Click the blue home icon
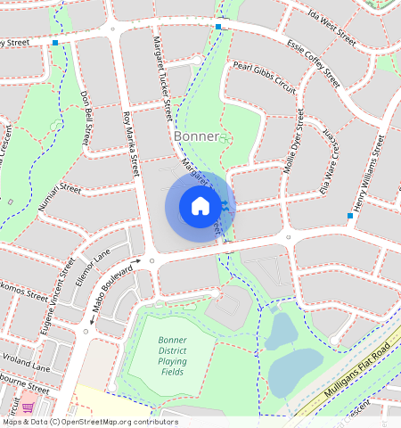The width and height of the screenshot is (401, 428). (x=200, y=206)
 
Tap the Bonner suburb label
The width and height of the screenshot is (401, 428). (x=197, y=136)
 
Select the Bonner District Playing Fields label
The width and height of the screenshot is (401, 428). (x=172, y=354)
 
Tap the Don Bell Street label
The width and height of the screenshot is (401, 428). (x=86, y=118)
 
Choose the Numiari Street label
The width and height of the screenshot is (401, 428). (x=60, y=197)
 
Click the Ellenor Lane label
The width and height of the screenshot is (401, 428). (x=92, y=265)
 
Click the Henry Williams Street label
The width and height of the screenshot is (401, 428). (x=367, y=174)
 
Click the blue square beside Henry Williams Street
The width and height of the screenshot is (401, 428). (x=349, y=216)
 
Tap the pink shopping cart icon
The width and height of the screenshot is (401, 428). (x=28, y=407)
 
